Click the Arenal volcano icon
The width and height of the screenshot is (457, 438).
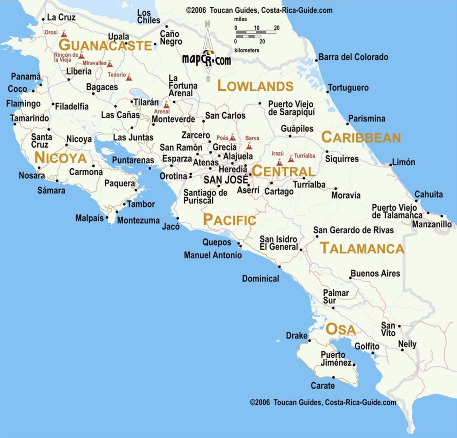(166, 105)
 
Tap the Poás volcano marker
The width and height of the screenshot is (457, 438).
(232, 138)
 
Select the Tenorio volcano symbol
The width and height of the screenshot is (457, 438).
(129, 77)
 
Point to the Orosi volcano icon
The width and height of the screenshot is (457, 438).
(64, 34)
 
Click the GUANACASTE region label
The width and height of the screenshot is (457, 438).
(105, 45)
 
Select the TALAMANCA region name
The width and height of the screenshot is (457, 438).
(362, 248)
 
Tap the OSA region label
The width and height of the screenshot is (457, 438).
(340, 330)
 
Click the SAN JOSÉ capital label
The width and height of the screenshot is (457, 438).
(226, 180)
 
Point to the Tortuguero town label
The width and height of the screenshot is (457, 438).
(348, 88)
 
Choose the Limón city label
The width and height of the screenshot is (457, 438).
(403, 162)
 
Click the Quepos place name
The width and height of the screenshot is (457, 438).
(217, 242)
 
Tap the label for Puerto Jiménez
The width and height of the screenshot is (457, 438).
(336, 359)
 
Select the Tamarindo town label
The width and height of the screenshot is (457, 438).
(29, 118)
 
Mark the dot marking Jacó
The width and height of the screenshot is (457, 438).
(178, 218)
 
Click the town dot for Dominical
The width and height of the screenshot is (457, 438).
(279, 266)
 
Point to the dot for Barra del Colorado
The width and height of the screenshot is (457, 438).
(316, 61)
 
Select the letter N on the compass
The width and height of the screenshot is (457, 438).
(207, 25)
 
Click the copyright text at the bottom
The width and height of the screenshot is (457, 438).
(323, 402)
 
